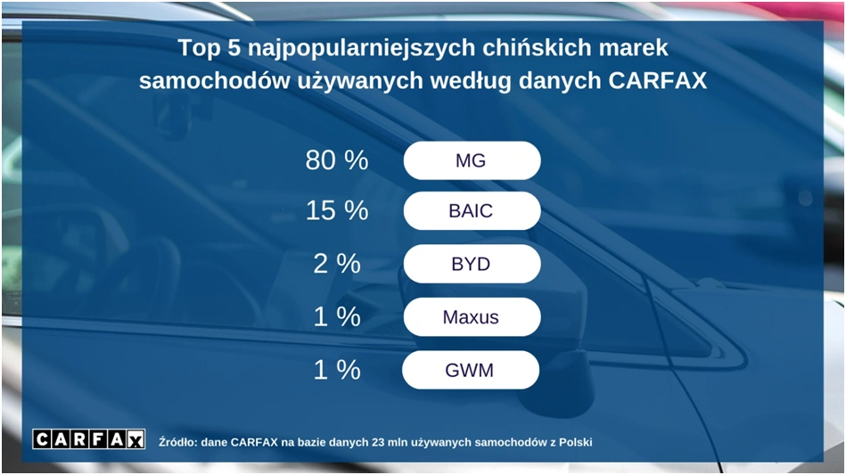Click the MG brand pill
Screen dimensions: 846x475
(x=472, y=160)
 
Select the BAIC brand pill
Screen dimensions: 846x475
(x=472, y=211)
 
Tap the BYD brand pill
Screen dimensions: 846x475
(x=472, y=264)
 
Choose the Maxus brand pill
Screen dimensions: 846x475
(x=472, y=317)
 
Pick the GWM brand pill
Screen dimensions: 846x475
(x=471, y=370)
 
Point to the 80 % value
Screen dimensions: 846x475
(x=337, y=160)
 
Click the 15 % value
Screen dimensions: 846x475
(x=337, y=210)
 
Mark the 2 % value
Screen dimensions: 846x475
(x=337, y=264)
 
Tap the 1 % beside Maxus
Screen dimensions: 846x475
(x=337, y=316)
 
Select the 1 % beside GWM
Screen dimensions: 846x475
(x=337, y=370)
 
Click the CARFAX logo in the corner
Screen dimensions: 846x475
(x=88, y=439)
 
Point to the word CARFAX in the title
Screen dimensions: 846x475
(x=657, y=81)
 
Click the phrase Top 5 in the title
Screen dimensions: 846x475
(x=209, y=48)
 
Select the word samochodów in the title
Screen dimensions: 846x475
(x=214, y=81)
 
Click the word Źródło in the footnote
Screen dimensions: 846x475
(x=177, y=442)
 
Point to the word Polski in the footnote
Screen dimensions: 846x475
(x=575, y=443)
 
